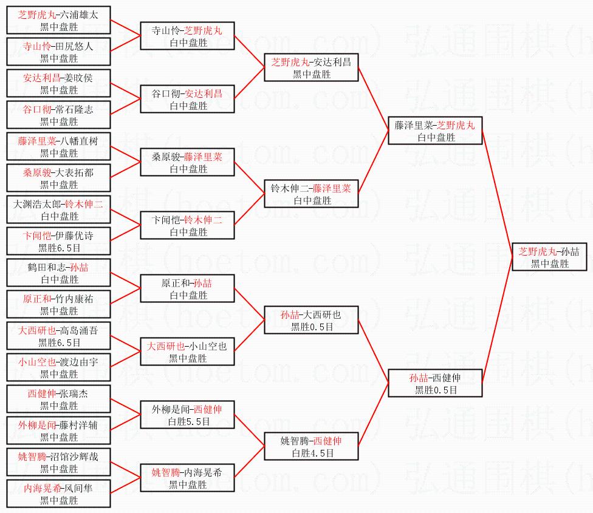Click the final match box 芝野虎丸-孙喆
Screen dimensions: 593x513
coord(549,257)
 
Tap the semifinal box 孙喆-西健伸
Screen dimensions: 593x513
coord(436,384)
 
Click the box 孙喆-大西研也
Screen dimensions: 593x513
coord(312,321)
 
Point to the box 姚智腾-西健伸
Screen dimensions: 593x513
coord(312,447)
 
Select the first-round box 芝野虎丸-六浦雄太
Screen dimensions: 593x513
coord(59,21)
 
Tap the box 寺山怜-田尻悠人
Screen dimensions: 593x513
coord(59,52)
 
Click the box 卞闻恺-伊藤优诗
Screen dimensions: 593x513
coord(59,242)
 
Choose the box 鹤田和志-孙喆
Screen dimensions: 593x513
coord(59,273)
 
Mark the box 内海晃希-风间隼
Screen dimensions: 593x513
coord(59,494)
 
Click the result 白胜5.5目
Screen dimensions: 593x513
coord(187,421)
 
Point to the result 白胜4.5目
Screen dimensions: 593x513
coord(312,453)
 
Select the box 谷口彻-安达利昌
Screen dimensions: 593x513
coord(187,100)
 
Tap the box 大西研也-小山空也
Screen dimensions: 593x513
coord(187,352)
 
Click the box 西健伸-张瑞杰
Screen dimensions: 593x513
coord(59,399)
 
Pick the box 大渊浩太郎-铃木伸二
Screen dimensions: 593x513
coord(59,210)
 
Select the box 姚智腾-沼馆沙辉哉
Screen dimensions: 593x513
coord(59,463)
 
